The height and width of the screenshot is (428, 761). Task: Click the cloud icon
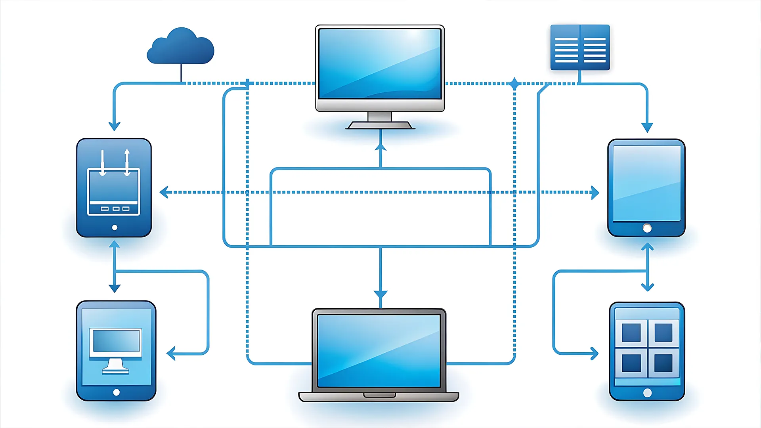click(x=181, y=47)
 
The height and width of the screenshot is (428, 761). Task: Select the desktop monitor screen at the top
click(x=380, y=63)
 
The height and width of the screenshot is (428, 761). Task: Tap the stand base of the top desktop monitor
click(x=380, y=125)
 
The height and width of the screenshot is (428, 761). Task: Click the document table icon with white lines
click(x=580, y=48)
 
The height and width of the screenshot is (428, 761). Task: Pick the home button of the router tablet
click(x=115, y=227)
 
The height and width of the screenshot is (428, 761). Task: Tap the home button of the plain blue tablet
click(x=647, y=228)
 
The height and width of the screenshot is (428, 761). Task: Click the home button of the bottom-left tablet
click(x=116, y=392)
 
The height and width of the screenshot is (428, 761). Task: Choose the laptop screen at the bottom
click(x=379, y=351)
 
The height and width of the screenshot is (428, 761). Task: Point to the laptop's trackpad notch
click(x=379, y=395)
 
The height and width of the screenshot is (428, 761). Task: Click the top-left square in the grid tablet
click(x=631, y=332)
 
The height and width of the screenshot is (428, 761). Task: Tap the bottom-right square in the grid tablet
click(x=663, y=363)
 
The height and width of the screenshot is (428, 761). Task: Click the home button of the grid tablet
click(x=647, y=393)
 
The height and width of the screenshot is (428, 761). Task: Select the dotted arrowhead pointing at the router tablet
click(x=164, y=192)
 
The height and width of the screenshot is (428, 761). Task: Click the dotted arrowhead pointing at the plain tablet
click(x=595, y=192)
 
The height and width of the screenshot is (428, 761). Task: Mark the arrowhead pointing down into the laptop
click(x=380, y=295)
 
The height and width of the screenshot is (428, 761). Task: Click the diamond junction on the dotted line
click(x=514, y=84)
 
